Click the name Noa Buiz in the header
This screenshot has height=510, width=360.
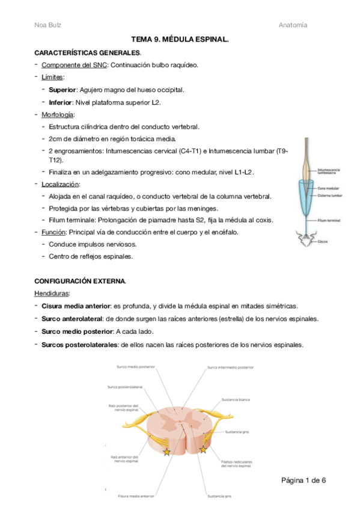click(x=47, y=25)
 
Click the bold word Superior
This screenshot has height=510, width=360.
click(x=63, y=90)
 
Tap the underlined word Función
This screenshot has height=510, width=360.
click(x=53, y=232)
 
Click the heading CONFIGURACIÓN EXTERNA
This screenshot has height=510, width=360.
click(x=79, y=281)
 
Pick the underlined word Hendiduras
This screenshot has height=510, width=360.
click(x=52, y=293)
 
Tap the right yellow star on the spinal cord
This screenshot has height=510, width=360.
click(x=203, y=449)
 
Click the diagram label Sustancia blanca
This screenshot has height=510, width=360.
click(x=236, y=399)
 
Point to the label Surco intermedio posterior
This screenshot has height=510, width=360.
click(x=230, y=367)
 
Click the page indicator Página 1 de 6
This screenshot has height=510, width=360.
click(x=304, y=480)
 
